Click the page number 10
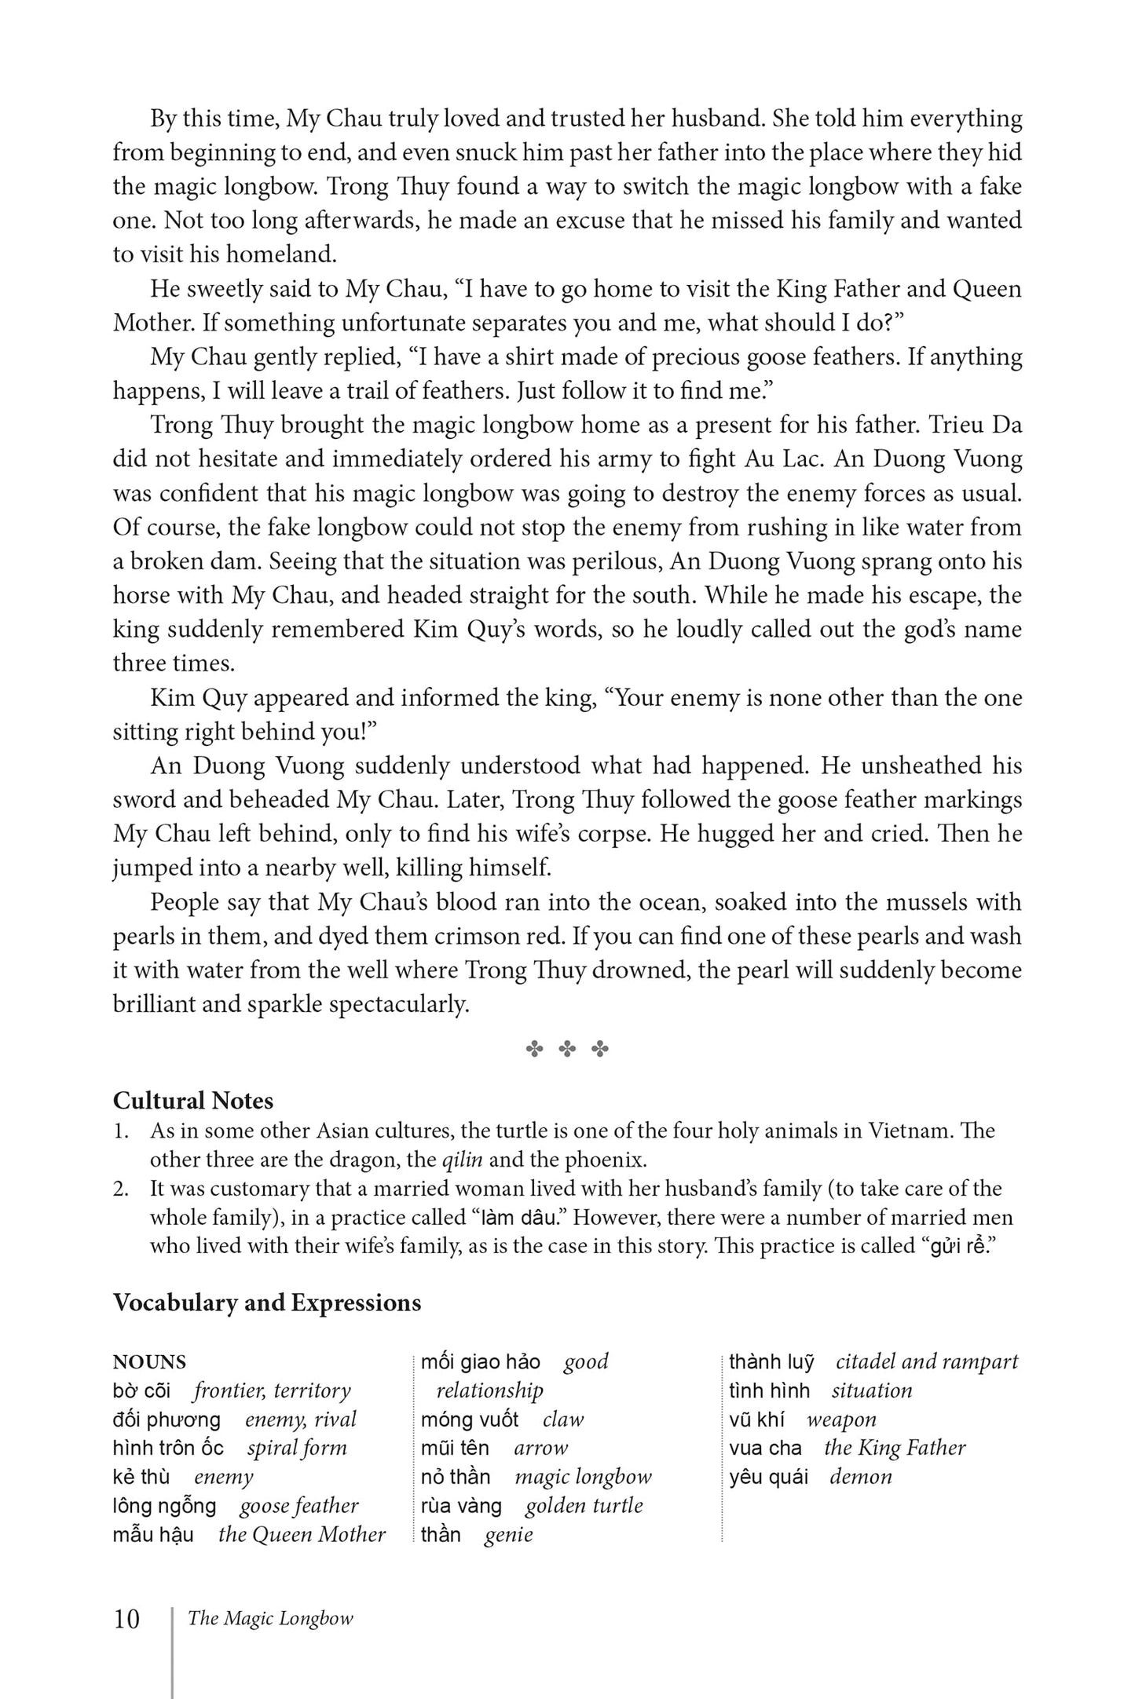(126, 1619)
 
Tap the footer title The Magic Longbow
(270, 1618)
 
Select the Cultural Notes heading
(193, 1101)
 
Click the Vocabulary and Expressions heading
(267, 1303)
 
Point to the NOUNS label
(149, 1362)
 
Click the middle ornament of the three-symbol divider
(567, 1049)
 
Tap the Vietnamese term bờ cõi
(141, 1390)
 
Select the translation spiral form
(297, 1448)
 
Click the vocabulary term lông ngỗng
(164, 1506)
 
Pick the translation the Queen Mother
(302, 1534)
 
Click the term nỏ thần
(456, 1477)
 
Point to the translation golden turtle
(584, 1506)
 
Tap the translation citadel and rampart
(927, 1361)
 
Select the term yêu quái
(768, 1477)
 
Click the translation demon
(861, 1477)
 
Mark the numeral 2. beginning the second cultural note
(121, 1189)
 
